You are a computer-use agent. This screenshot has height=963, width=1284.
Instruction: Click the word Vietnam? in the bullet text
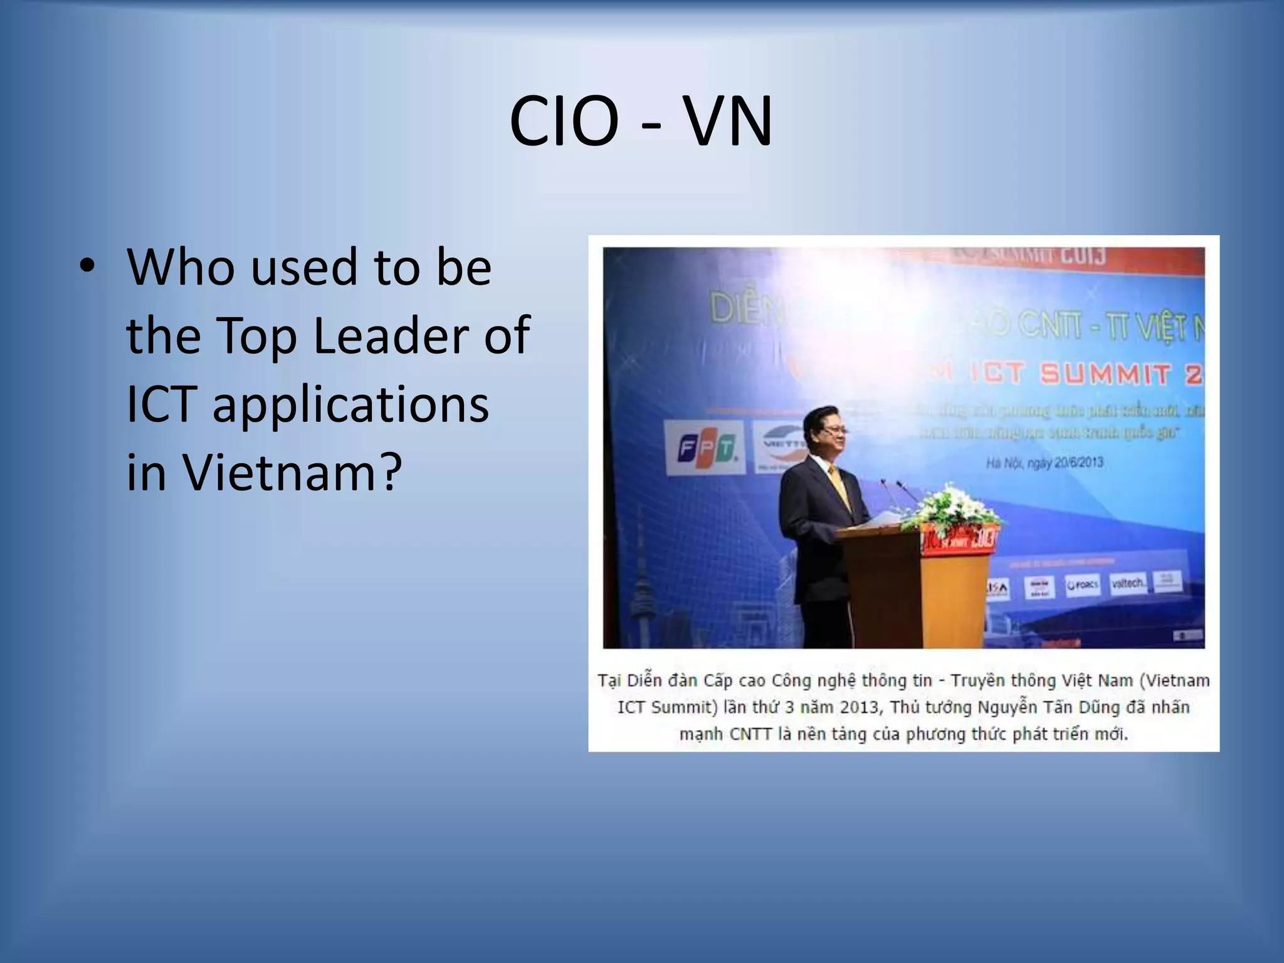pos(292,472)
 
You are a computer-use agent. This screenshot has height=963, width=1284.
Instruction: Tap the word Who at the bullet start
pos(182,267)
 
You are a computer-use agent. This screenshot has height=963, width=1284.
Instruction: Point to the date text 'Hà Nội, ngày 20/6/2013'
pos(1044,463)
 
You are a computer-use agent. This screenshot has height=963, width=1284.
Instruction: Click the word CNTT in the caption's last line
pos(750,734)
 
